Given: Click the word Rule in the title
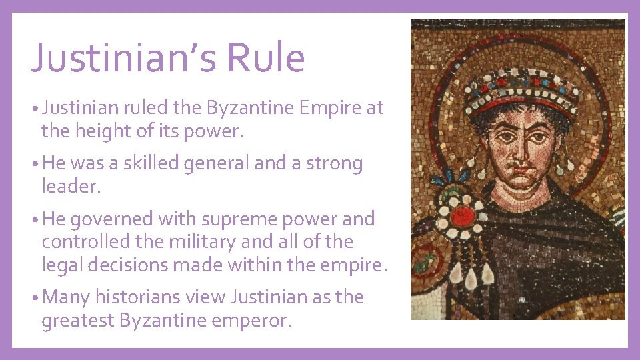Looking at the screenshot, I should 265,57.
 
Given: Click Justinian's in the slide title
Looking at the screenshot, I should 123,57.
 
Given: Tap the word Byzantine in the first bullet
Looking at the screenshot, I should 250,108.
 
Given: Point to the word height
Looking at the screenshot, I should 101,131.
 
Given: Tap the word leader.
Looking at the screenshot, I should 71,187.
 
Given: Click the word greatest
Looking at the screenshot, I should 77,320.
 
